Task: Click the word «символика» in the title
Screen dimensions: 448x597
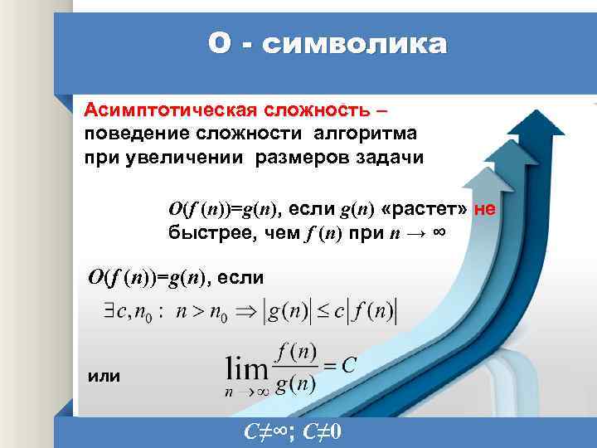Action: click(354, 43)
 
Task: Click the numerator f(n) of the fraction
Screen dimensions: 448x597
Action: click(295, 353)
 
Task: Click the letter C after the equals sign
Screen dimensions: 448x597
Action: click(349, 366)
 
